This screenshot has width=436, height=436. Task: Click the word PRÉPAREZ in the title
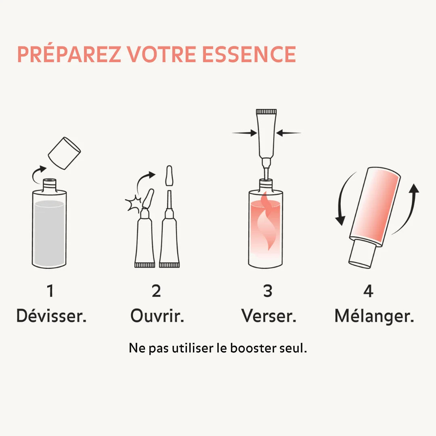coord(69,55)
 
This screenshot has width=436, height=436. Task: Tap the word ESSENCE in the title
coord(249,55)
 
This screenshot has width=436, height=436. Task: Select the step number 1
coord(50,291)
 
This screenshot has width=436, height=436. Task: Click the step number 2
coord(156,291)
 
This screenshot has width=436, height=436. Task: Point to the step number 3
coord(268,291)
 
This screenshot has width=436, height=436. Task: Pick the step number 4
coord(368,291)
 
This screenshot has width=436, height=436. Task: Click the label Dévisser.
coord(51,316)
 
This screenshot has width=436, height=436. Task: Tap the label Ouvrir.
coord(157,316)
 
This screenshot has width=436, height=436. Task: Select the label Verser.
coord(269,316)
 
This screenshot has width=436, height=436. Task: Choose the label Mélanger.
coord(374,316)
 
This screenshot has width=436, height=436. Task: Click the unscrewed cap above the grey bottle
coord(64,153)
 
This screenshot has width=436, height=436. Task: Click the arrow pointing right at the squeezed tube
coord(245,133)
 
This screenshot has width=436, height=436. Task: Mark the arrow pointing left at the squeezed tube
coord(289,133)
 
